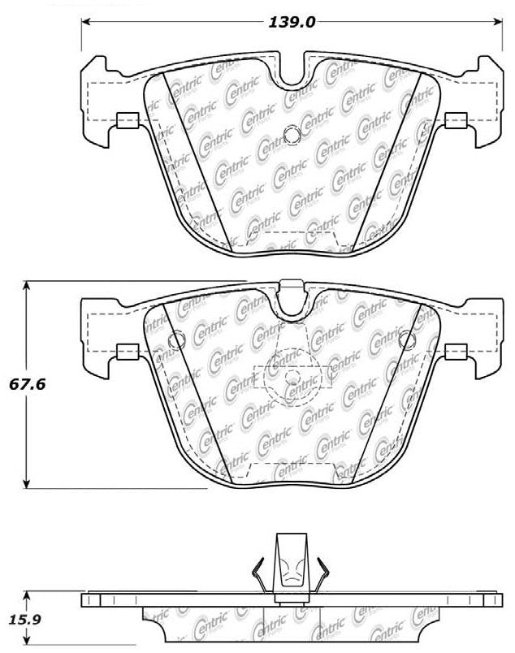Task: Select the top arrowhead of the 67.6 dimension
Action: point(28,286)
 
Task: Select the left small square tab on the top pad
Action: point(126,121)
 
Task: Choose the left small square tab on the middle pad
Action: point(126,352)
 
